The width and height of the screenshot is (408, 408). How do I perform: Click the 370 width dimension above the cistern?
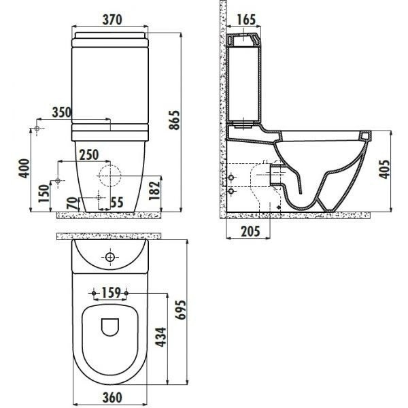[x=112, y=20]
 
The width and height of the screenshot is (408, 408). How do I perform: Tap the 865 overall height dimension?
[x=174, y=120]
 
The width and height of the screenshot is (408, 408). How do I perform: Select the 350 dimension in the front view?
[x=62, y=112]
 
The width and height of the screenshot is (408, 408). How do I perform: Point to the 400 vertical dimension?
[x=24, y=169]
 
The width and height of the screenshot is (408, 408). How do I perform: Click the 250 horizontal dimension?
[x=89, y=154]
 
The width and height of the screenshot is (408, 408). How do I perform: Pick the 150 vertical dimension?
[x=44, y=193]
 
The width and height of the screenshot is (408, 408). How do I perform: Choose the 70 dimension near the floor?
[x=72, y=203]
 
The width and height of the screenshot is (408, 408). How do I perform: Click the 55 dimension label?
[x=117, y=203]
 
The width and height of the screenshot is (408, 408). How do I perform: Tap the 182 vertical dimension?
[x=154, y=190]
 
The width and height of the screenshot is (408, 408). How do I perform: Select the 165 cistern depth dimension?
[x=246, y=20]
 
